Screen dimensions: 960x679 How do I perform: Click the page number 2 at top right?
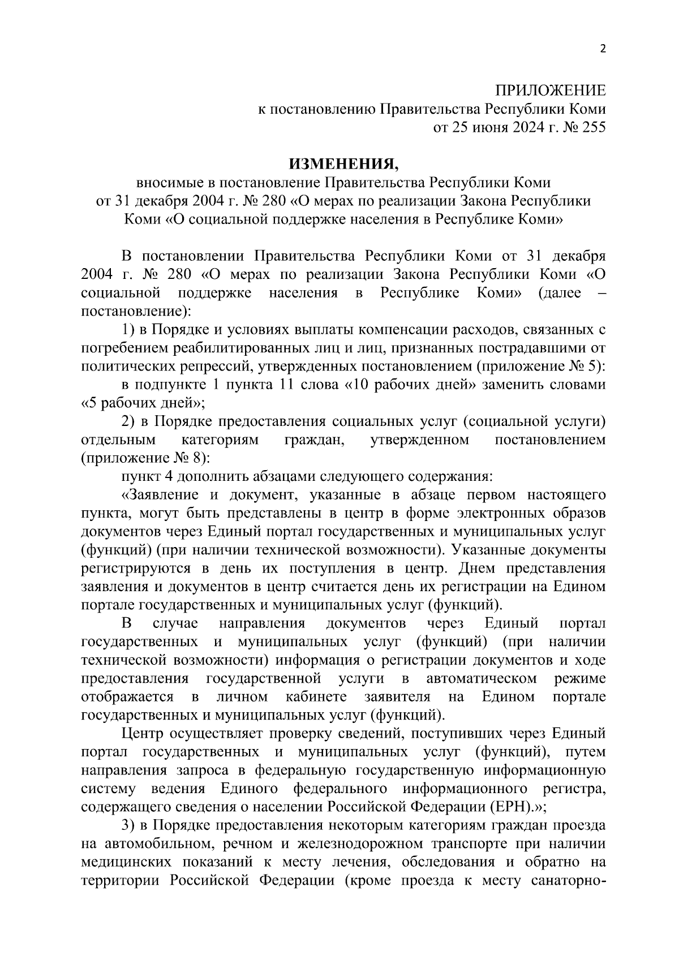pos(602,49)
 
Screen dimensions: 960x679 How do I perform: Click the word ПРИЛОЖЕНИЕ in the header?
pos(550,91)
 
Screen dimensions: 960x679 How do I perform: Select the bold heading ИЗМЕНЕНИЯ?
pos(344,164)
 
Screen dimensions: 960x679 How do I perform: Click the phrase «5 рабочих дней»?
pos(143,403)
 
